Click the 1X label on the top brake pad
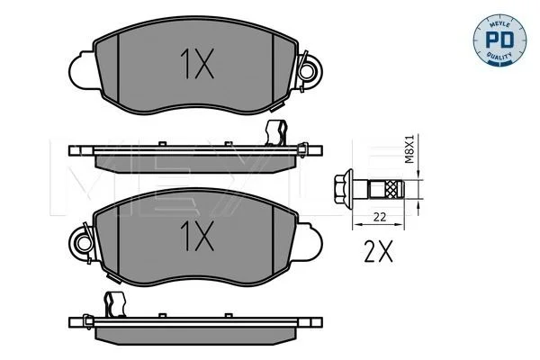coord(197,63)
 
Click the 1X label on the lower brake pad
coord(197,236)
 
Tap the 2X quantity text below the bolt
coord(378,251)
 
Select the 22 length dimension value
coord(380,218)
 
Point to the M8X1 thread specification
coord(409,148)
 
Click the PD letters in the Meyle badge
coord(499,40)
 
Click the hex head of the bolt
coord(340,189)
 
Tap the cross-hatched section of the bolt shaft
coord(391,189)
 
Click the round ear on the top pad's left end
coord(81,70)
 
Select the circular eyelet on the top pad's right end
coord(306,72)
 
